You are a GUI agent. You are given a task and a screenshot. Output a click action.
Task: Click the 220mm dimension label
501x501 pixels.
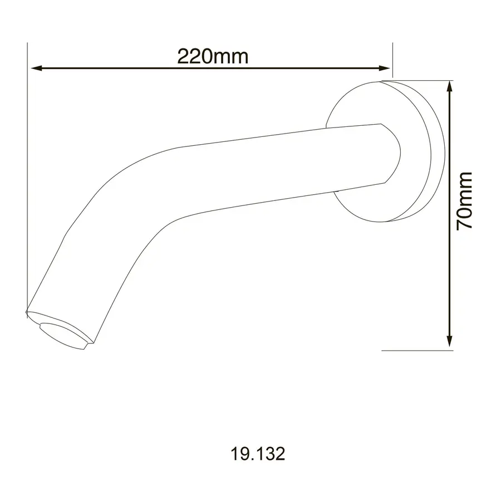pyautogui.click(x=213, y=56)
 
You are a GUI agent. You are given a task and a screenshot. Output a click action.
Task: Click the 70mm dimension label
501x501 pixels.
pyautogui.click(x=464, y=200)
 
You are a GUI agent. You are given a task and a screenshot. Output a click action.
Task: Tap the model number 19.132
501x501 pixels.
pyautogui.click(x=258, y=454)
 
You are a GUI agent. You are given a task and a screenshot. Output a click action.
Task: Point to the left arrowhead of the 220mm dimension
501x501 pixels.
pyautogui.click(x=37, y=68)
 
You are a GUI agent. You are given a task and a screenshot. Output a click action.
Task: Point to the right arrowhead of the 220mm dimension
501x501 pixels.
pyautogui.click(x=384, y=68)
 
